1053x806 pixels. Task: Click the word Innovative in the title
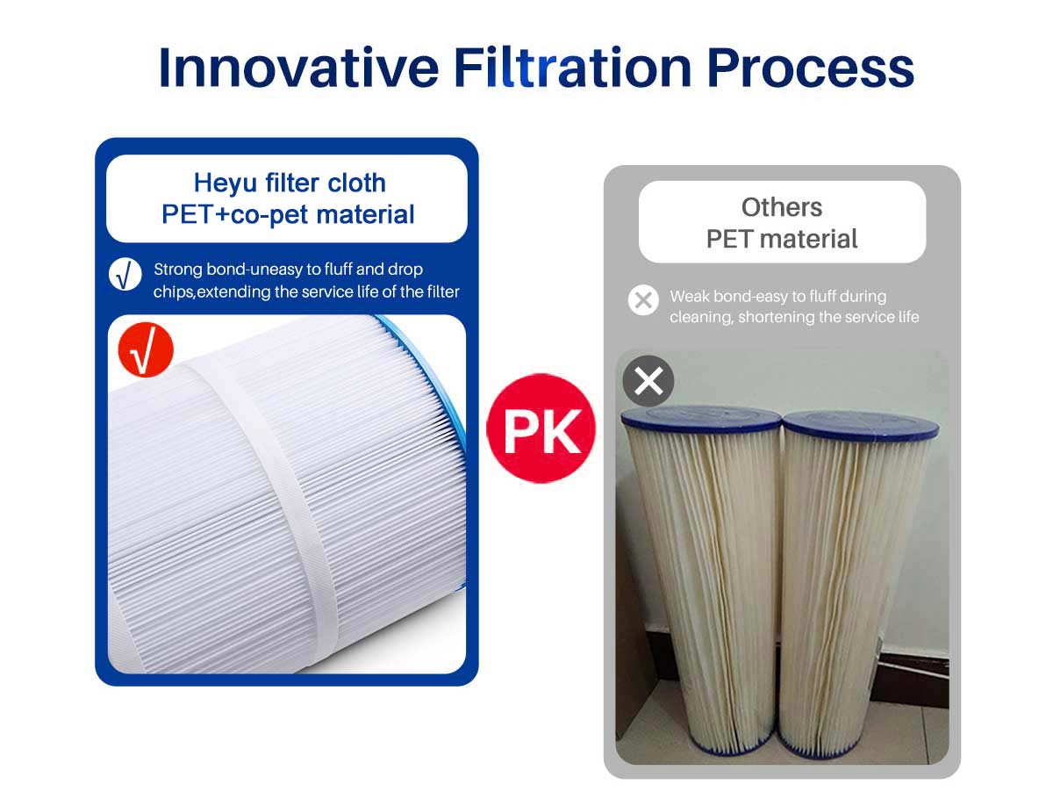coord(298,68)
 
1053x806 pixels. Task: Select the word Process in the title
coord(810,68)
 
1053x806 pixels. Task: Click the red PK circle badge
coord(541,428)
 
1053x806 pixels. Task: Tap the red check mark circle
coord(146,349)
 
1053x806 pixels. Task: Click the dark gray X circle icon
coord(648,381)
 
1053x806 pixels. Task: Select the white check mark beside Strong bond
coord(125,275)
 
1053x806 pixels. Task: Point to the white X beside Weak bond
coord(643,300)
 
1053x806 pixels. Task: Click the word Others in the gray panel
coord(782,207)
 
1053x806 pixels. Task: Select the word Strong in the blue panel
coord(178,270)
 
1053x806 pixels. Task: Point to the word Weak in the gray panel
coord(690,296)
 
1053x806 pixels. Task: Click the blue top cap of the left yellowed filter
coord(701,417)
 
